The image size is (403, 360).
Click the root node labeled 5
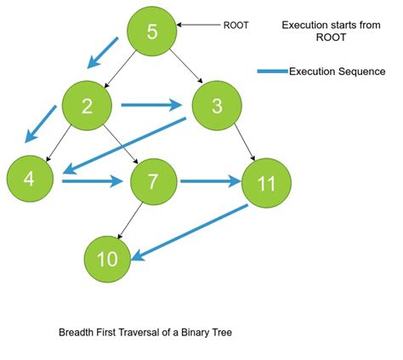(152, 33)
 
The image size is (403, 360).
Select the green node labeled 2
(87, 106)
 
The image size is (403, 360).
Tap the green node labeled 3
(218, 106)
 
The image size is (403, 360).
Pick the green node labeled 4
(31, 180)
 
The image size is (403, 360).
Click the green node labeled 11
(267, 182)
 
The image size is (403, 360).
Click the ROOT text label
(236, 26)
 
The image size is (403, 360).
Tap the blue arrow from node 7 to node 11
(210, 180)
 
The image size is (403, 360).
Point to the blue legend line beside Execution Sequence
(273, 71)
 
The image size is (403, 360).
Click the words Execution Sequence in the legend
(338, 71)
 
